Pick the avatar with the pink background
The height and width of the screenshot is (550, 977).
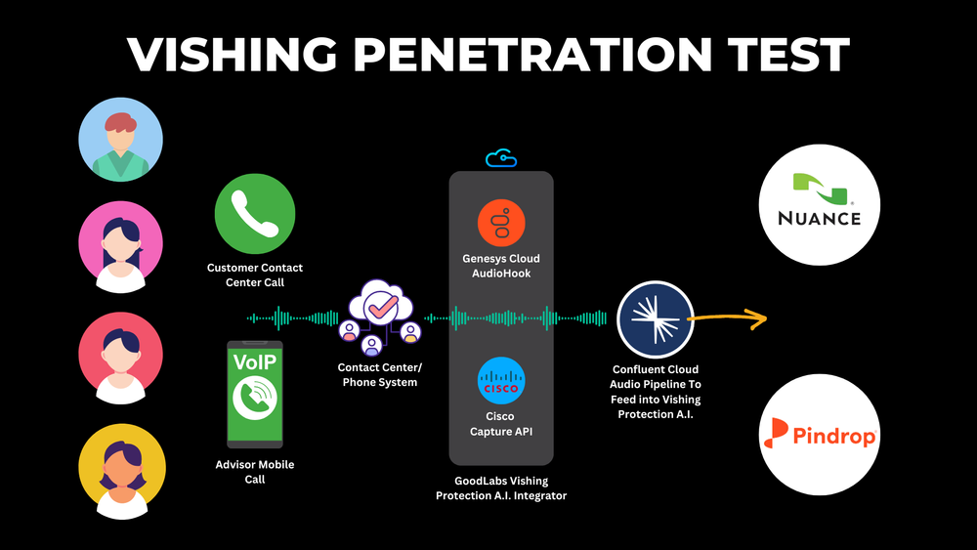pos(119,246)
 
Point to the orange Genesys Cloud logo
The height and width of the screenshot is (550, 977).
pos(501,223)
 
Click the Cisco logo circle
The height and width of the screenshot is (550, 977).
pos(501,382)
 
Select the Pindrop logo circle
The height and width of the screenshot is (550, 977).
pos(819,435)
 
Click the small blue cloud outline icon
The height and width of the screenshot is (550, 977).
pos(500,157)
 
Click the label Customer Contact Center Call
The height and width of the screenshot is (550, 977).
pos(254,275)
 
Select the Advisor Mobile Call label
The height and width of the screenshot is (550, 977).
pos(254,472)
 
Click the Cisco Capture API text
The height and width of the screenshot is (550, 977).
pos(501,424)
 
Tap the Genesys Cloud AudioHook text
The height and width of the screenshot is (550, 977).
pos(501,266)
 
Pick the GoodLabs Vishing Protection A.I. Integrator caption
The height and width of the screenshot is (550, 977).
pos(501,488)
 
